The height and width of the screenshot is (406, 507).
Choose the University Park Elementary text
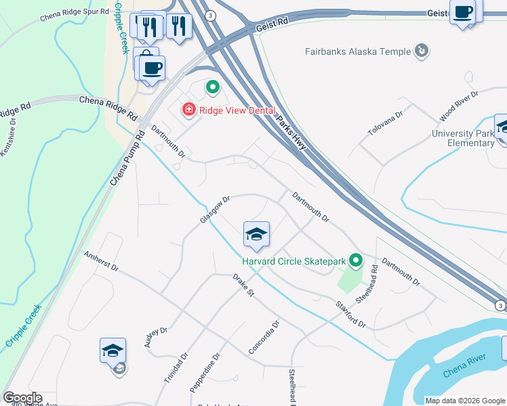click(463, 138)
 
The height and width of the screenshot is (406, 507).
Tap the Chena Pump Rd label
click(127, 160)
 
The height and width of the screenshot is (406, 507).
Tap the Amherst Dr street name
click(101, 262)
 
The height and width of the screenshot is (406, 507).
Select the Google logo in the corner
click(22, 398)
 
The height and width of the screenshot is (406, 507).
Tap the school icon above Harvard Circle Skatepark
click(256, 235)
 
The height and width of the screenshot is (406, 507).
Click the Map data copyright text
click(464, 401)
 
